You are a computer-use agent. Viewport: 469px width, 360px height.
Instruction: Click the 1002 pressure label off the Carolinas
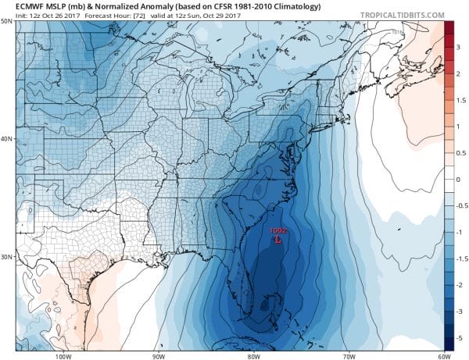(278, 231)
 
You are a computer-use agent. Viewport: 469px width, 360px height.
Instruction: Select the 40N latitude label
(7, 139)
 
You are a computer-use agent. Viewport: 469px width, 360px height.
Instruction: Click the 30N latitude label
(7, 257)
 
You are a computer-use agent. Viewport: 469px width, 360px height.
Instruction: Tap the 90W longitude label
(158, 355)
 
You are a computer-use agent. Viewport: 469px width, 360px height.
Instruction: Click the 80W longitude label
(252, 355)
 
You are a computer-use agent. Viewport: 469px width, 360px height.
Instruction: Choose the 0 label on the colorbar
(459, 179)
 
